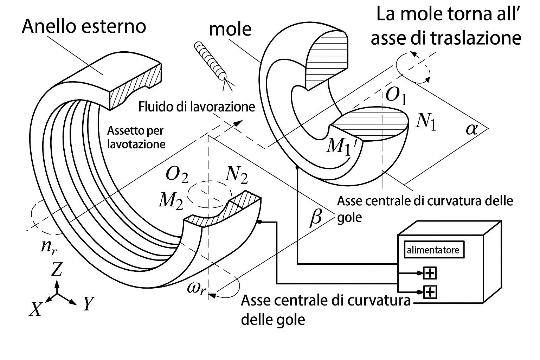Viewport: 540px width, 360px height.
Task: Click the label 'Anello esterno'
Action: click(84, 26)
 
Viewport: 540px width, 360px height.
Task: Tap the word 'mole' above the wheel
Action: click(230, 30)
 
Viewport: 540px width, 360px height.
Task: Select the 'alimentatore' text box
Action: click(433, 250)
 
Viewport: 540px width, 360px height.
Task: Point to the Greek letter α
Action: click(471, 129)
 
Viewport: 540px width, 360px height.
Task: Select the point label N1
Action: click(425, 122)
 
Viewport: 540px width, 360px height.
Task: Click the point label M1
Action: click(338, 146)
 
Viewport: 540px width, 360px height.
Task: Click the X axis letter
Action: click(35, 309)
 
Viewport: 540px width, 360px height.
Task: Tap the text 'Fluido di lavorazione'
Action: click(197, 106)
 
